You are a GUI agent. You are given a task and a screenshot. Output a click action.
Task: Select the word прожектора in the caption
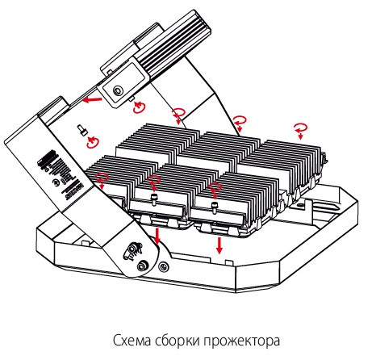click(246, 338)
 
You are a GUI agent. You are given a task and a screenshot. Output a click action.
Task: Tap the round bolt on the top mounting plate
click(118, 92)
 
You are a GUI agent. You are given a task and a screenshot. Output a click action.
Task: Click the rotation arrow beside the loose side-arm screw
click(92, 142)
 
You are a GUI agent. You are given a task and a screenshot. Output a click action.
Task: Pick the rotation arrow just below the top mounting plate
click(140, 107)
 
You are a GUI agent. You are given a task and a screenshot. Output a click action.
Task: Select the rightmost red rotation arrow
click(301, 128)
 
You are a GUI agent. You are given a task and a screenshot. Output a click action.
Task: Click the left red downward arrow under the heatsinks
click(157, 237)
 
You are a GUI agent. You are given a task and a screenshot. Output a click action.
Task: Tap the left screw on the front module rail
click(151, 196)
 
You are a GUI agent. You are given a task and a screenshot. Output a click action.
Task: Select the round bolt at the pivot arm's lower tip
click(143, 266)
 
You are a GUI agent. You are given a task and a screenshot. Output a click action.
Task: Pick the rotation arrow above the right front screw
click(215, 189)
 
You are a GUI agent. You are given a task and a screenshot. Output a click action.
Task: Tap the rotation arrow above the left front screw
click(154, 178)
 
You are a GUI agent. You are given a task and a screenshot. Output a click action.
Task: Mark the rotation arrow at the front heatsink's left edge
click(102, 177)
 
